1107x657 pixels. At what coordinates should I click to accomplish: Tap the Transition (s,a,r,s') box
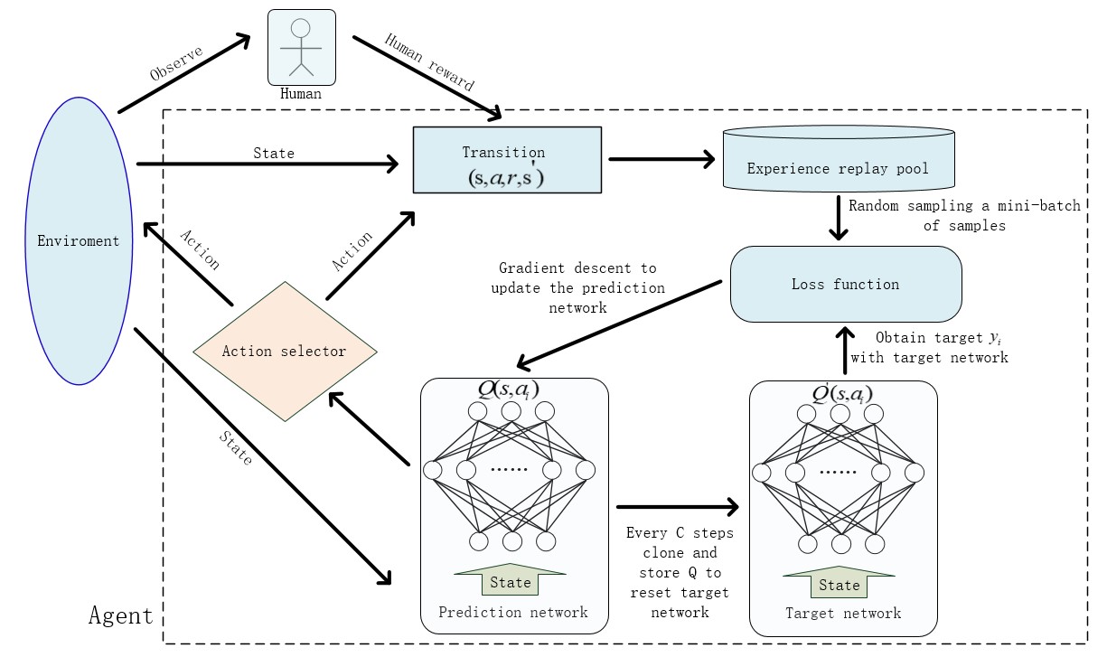506,160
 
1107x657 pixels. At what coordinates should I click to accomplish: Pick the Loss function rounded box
845,284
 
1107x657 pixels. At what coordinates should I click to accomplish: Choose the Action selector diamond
285,350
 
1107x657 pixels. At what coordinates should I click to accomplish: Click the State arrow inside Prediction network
511,580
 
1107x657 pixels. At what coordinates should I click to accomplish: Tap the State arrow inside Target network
840,583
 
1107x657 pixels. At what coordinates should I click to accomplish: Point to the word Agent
121,615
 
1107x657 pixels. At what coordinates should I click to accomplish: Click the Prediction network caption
513,612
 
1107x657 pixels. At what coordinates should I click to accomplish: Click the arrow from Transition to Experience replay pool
661,160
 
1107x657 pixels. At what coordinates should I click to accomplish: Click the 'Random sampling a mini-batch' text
964,206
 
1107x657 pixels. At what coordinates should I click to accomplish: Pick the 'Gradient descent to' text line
577,268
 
